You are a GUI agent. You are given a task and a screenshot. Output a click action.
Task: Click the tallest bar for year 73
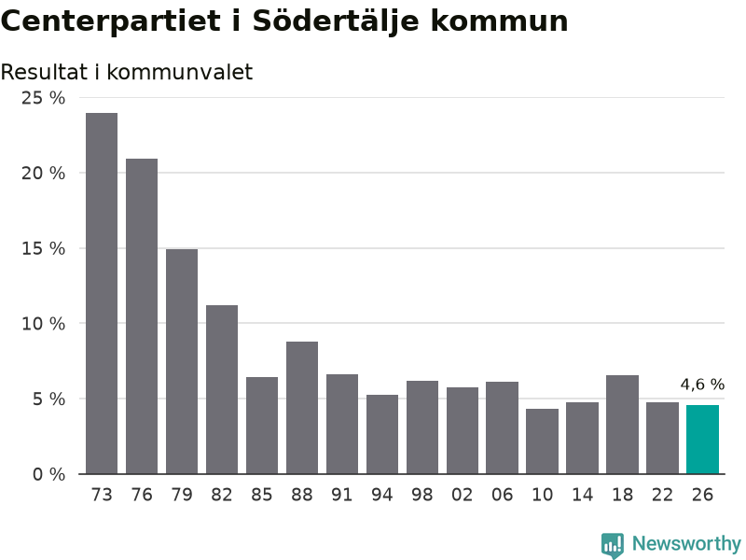pyautogui.click(x=102, y=293)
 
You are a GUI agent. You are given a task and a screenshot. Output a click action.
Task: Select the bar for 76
pyautogui.click(x=142, y=316)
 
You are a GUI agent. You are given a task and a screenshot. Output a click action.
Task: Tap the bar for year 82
pyautogui.click(x=222, y=389)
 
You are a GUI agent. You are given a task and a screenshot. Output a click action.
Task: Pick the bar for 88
pyautogui.click(x=302, y=408)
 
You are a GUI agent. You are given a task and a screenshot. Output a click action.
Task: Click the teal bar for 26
pyautogui.click(x=702, y=440)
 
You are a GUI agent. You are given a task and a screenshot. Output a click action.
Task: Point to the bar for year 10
pyautogui.click(x=543, y=441)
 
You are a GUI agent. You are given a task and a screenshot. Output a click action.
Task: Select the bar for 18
pyautogui.click(x=622, y=425)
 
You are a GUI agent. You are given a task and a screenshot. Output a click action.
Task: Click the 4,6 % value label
pyautogui.click(x=702, y=385)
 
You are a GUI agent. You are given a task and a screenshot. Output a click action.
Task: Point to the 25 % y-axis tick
pyautogui.click(x=43, y=98)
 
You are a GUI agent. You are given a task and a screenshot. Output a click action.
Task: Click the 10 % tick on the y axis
pyautogui.click(x=43, y=324)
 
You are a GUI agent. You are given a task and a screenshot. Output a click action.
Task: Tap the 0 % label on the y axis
pyautogui.click(x=48, y=474)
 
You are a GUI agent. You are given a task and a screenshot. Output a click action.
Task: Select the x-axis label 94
pyautogui.click(x=382, y=495)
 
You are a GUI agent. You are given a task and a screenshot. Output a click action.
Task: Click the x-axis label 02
pyautogui.click(x=462, y=495)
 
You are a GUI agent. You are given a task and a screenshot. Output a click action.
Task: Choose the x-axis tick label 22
pyautogui.click(x=662, y=495)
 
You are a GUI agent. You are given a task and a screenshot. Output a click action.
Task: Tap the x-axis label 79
pyautogui.click(x=182, y=495)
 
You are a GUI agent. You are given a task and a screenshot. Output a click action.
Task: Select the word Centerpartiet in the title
pyautogui.click(x=111, y=21)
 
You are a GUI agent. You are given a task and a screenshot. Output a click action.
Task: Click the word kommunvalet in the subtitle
pyautogui.click(x=179, y=72)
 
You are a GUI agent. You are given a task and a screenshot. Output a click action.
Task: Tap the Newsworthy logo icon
pyautogui.click(x=613, y=545)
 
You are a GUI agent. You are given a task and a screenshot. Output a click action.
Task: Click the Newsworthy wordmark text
pyautogui.click(x=686, y=543)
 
